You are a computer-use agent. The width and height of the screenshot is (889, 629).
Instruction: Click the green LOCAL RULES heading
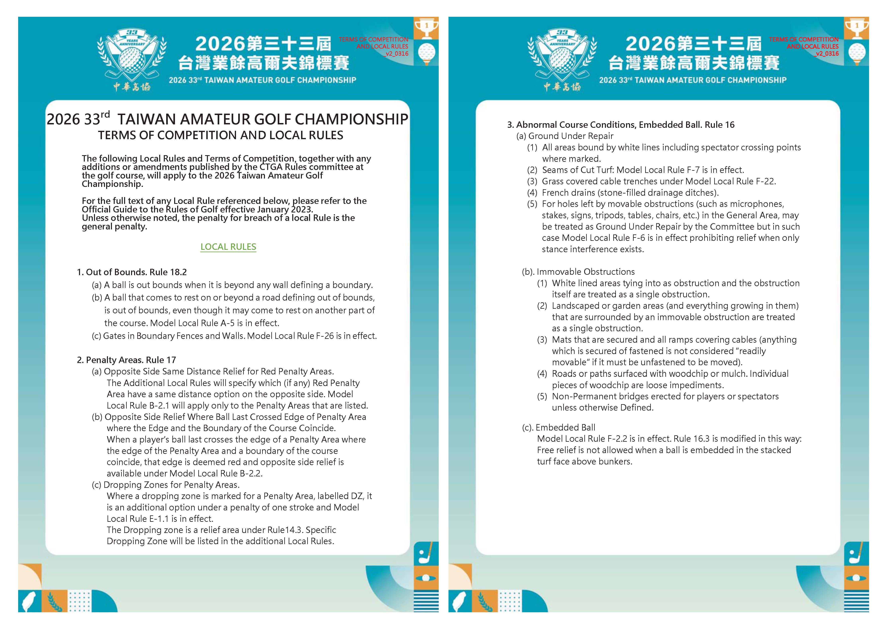228,247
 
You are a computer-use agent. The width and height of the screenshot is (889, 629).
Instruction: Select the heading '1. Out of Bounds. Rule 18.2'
132,272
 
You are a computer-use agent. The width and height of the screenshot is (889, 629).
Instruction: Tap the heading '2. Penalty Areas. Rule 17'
126,360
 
